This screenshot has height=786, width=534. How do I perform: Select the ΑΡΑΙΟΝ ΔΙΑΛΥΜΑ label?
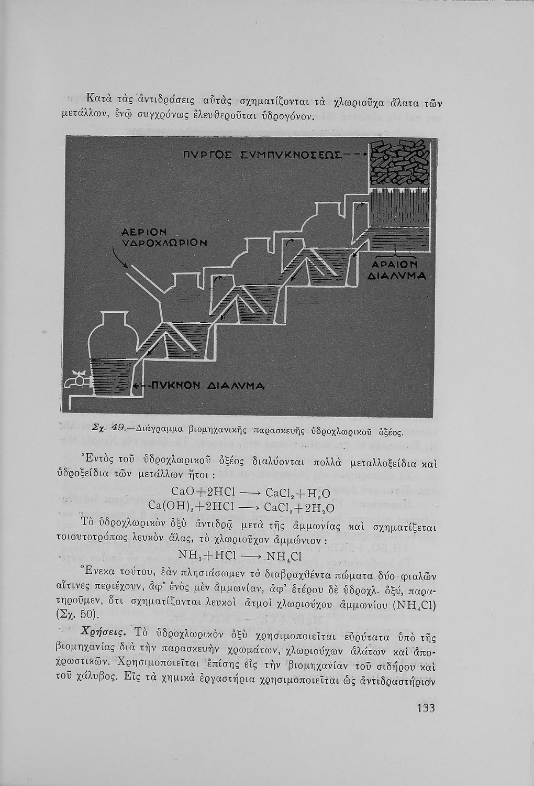(x=396, y=269)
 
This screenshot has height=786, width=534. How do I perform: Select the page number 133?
(x=426, y=708)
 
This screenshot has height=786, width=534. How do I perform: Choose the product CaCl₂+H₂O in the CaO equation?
(x=297, y=493)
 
